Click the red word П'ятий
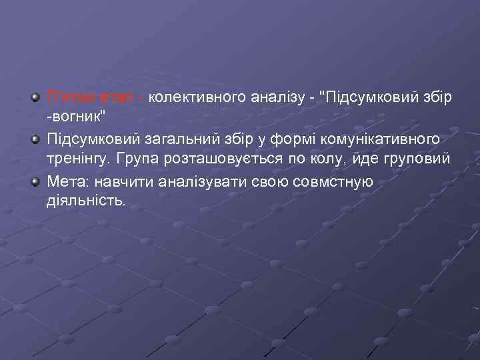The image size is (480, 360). [68, 97]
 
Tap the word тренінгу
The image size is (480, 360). [75, 160]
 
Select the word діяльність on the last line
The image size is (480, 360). [85, 201]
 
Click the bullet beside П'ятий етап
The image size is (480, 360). [35, 97]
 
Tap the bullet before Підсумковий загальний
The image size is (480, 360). [35, 139]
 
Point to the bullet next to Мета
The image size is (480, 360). [35, 181]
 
